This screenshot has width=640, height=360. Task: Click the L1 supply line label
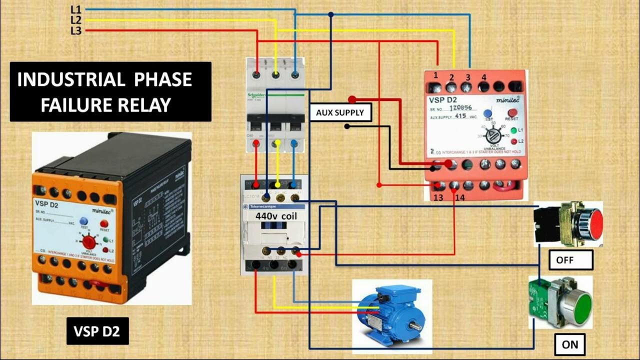(76, 9)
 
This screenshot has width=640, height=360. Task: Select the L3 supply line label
(76, 31)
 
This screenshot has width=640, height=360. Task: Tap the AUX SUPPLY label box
(340, 112)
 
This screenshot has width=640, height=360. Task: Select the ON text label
(570, 344)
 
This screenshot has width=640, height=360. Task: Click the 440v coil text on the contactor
(276, 217)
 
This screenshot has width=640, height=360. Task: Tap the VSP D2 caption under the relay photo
(97, 331)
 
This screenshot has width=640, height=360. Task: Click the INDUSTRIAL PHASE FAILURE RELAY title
(105, 92)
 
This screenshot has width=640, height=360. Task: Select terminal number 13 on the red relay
(438, 197)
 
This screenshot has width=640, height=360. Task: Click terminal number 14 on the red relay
(459, 197)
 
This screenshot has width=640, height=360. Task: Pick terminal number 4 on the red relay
(483, 77)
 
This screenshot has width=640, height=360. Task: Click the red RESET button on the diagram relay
(511, 113)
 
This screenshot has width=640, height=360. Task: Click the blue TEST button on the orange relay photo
(84, 221)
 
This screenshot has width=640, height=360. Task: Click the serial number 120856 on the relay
(461, 107)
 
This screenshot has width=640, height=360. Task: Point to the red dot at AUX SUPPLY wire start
(352, 99)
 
